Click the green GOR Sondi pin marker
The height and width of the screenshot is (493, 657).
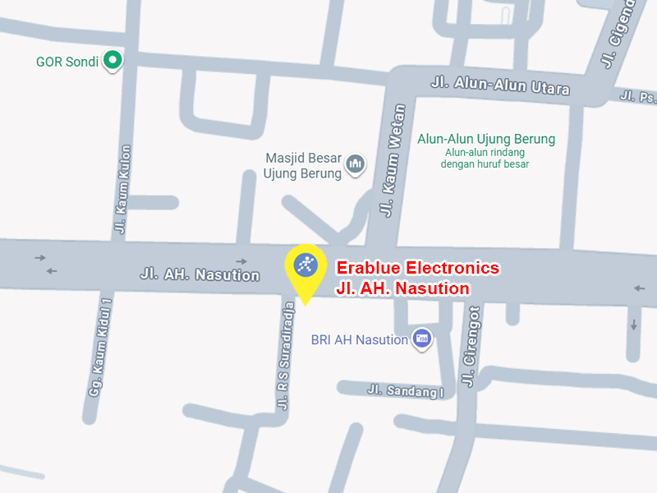point(113,60)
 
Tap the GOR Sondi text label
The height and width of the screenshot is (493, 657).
point(67,62)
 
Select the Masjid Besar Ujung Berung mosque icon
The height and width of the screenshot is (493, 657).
point(355,165)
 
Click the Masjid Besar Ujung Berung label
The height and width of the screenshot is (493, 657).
point(302,166)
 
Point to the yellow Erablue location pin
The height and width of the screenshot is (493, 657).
point(306,268)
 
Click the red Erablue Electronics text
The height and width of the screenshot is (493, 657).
point(418,268)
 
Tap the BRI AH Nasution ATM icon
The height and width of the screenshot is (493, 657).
point(422,339)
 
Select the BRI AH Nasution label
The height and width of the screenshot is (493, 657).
point(360,340)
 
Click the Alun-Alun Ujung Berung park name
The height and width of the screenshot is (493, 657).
point(486,139)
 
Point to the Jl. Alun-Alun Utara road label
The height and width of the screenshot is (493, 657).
point(500,85)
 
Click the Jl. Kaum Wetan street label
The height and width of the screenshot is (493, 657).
point(393,161)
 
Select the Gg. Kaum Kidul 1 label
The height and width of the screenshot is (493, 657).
point(99,348)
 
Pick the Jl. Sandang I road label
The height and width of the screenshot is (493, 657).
point(405,392)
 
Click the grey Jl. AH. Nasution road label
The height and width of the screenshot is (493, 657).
point(200,274)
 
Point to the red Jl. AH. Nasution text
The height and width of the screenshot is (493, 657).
point(402,288)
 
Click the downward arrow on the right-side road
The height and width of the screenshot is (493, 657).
point(634,325)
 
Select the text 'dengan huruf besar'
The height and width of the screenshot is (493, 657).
point(485,164)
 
